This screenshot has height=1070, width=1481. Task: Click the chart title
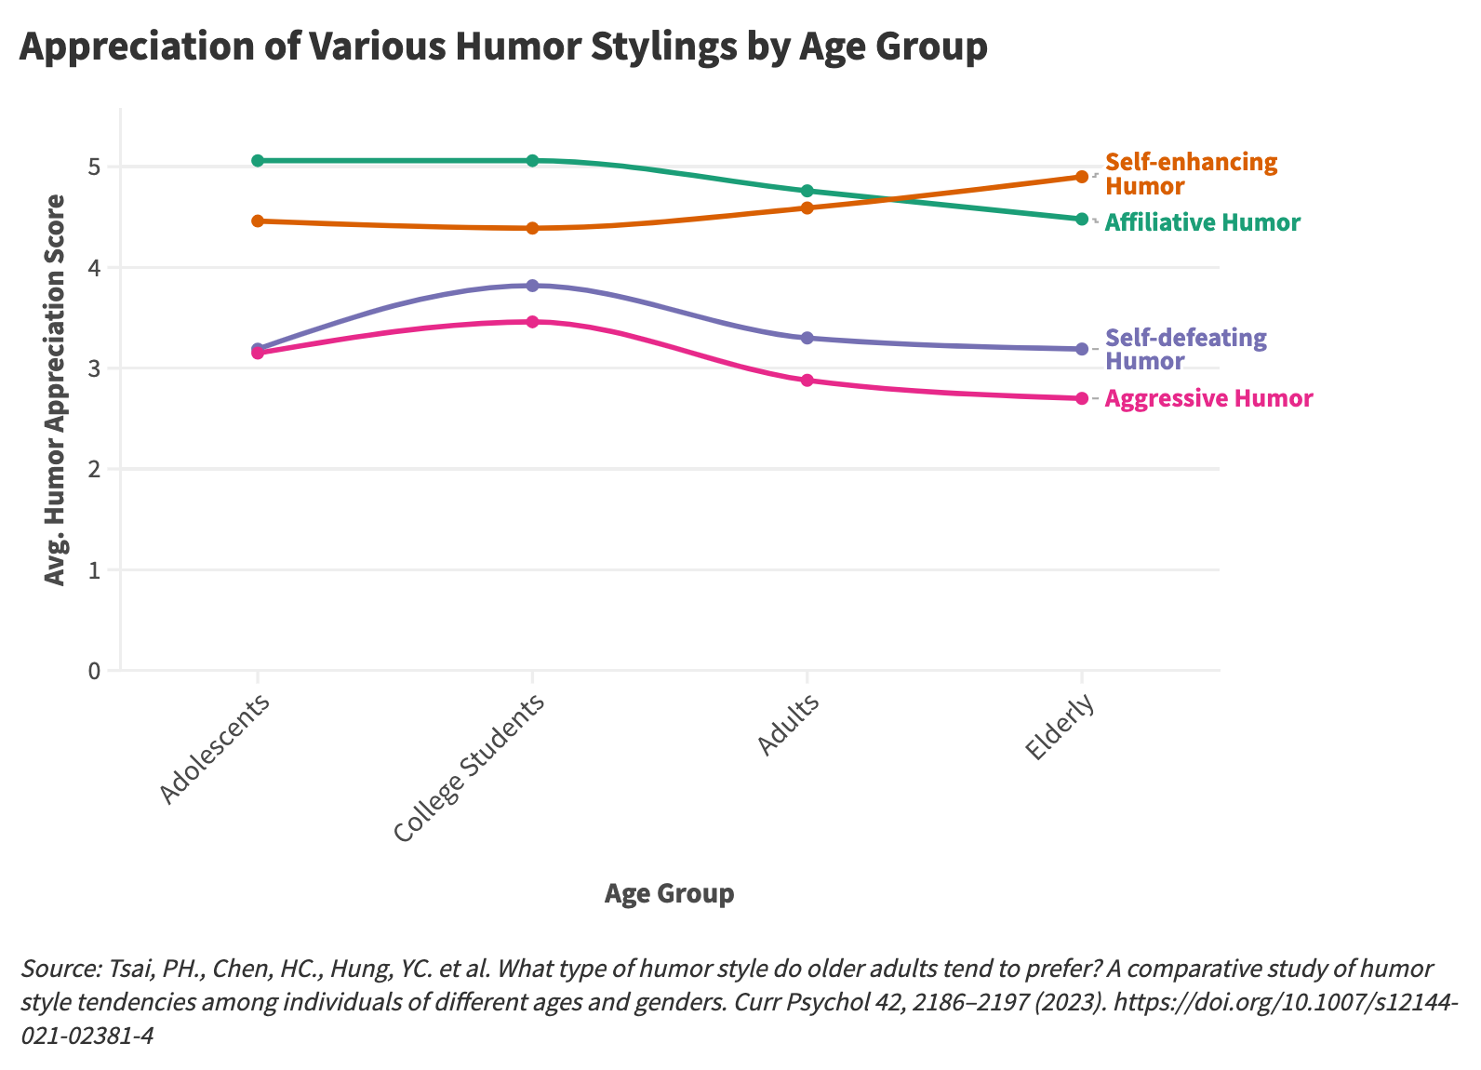[x=502, y=47]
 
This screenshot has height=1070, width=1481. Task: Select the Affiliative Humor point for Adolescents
[x=258, y=161]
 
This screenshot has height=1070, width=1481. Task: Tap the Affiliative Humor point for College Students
[x=532, y=161]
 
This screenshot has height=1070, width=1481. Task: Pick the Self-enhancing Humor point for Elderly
[x=1081, y=177]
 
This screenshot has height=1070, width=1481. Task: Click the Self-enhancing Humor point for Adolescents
[x=258, y=221]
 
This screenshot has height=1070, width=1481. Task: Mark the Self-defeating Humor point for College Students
[x=532, y=286]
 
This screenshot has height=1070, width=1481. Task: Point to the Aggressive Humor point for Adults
[x=807, y=381]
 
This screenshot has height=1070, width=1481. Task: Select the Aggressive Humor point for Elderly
[x=1081, y=398]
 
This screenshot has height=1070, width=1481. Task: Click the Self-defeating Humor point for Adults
[x=807, y=338]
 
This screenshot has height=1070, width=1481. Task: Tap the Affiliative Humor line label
[x=1202, y=223]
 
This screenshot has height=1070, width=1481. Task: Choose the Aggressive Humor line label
[x=1208, y=399]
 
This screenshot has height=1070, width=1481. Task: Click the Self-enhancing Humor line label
[x=1191, y=174]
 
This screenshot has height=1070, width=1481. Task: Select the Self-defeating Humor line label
[x=1185, y=349]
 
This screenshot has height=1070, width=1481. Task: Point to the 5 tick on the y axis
[x=95, y=167]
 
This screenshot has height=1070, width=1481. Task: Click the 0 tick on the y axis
[x=95, y=670]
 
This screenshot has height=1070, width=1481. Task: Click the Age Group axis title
[x=669, y=893]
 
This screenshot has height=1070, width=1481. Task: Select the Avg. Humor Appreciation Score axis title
[x=56, y=389]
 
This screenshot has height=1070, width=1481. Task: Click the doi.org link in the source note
[x=1284, y=1003]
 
